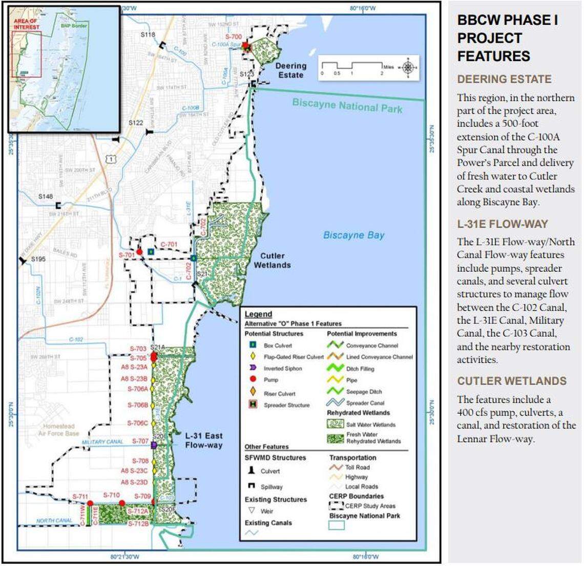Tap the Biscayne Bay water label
[x=353, y=235]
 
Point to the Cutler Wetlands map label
[x=272, y=260]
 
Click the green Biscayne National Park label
[x=347, y=106]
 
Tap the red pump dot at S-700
[x=246, y=46]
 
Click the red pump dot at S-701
[x=139, y=252]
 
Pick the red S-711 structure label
[x=80, y=496]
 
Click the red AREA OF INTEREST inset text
[x=25, y=24]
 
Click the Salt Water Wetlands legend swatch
[x=336, y=424]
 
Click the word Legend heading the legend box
[x=258, y=314]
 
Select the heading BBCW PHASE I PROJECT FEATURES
[x=507, y=38]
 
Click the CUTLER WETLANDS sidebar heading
[x=512, y=381]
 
